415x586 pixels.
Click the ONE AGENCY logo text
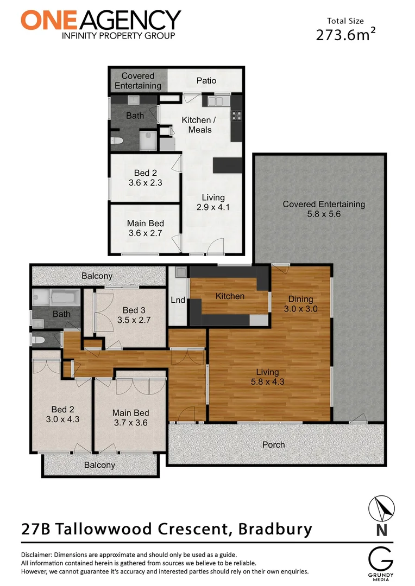pos(100,21)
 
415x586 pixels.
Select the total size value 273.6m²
pos(345,34)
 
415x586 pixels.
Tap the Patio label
pos(206,80)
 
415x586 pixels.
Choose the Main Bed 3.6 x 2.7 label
pos(145,228)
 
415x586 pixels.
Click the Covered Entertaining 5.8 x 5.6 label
pos(324,209)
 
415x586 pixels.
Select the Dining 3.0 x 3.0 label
pos(301,304)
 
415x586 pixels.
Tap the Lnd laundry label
pos(178,300)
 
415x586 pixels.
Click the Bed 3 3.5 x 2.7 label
pos(134,315)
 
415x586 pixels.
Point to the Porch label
pos(273,444)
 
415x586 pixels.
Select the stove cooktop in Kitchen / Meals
pos(237,114)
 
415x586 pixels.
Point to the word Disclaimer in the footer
pos(41,555)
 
